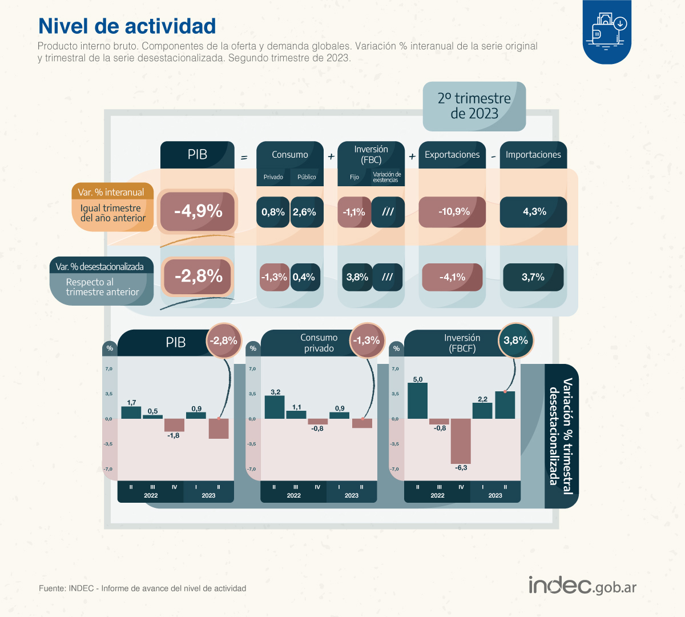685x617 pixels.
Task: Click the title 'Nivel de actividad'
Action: coord(127,26)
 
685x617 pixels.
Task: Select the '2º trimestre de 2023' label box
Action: coord(474,106)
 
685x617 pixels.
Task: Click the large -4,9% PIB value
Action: coord(198,211)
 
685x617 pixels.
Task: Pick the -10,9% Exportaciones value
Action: coord(453,212)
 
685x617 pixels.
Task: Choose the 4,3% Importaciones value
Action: coord(534,212)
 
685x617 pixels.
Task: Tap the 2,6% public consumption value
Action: coord(305,212)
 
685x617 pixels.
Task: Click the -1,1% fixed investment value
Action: coord(354,212)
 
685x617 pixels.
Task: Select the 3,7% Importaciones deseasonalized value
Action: coord(533,277)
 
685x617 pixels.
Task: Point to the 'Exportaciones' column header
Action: coord(452,155)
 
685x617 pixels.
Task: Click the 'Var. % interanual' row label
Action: coord(112,193)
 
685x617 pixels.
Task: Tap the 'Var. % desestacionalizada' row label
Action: coord(100,267)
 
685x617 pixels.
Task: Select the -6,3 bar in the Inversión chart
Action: coord(461,441)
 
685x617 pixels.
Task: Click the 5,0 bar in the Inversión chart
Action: coord(417,400)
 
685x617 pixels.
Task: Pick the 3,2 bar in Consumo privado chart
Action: coord(275,407)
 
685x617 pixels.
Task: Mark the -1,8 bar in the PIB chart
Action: coord(174,425)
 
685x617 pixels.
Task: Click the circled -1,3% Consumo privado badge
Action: coord(366,341)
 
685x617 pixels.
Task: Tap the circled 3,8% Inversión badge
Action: coord(515,341)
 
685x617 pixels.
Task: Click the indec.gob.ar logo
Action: coord(582,586)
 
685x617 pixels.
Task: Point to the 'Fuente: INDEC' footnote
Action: coord(143,588)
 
